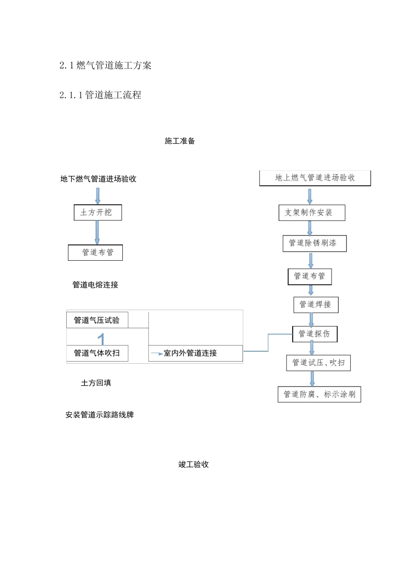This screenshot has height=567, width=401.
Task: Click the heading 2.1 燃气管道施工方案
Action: tap(106, 65)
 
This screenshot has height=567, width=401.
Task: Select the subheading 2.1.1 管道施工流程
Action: tap(100, 95)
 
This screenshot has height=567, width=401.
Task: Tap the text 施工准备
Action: tap(180, 141)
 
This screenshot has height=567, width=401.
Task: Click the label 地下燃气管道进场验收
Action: tap(98, 179)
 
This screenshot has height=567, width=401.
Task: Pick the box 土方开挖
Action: tap(98, 212)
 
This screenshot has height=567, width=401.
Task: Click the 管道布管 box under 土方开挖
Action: tap(95, 253)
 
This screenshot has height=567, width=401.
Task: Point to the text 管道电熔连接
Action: tap(95, 285)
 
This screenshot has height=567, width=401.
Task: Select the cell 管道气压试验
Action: tap(97, 320)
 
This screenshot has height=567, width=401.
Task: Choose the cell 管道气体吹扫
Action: tap(97, 353)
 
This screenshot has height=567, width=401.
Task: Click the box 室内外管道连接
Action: tap(195, 353)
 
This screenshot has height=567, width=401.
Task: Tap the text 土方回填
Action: tap(96, 383)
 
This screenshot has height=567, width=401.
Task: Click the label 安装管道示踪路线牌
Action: tap(100, 415)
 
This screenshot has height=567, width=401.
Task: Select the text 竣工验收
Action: tap(194, 464)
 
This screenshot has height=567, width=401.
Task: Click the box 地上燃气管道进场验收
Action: tap(315, 178)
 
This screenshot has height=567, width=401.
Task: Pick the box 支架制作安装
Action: tap(312, 213)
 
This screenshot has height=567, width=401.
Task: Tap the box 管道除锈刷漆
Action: tap(314, 243)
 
